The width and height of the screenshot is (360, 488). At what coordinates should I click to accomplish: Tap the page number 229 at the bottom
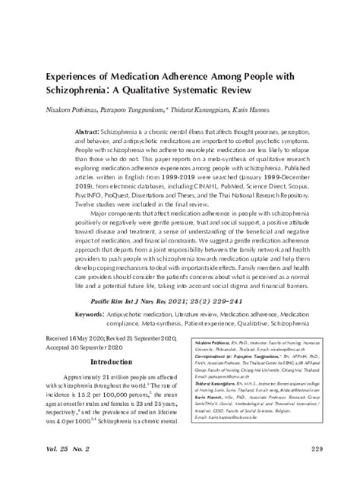pos(322,471)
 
